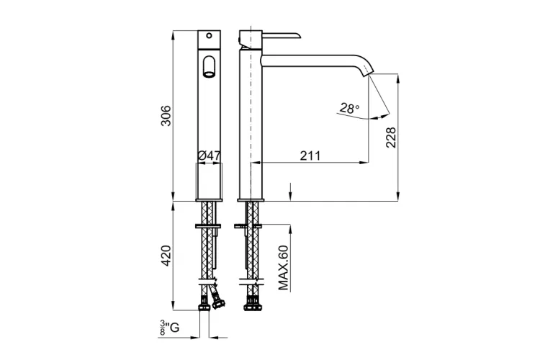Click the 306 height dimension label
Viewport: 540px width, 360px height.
(166, 116)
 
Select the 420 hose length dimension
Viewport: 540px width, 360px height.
(166, 256)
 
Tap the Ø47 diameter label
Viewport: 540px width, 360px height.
(209, 156)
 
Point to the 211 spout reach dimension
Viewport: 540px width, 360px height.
(310, 156)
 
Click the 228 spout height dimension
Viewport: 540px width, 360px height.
(391, 137)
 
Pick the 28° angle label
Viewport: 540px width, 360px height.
(349, 109)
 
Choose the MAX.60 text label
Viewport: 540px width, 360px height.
(283, 268)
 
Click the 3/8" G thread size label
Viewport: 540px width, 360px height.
(169, 328)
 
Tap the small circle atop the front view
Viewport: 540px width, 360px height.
(209, 35)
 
